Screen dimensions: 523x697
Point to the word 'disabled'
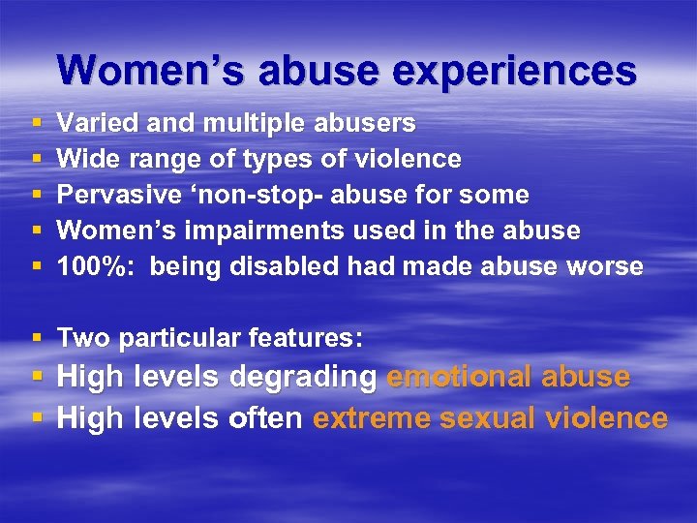click(280, 266)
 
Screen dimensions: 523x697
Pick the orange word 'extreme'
click(372, 417)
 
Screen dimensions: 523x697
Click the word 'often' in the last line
click(266, 417)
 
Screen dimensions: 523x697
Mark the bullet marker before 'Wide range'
click(37, 159)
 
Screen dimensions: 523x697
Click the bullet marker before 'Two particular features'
click(37, 338)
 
